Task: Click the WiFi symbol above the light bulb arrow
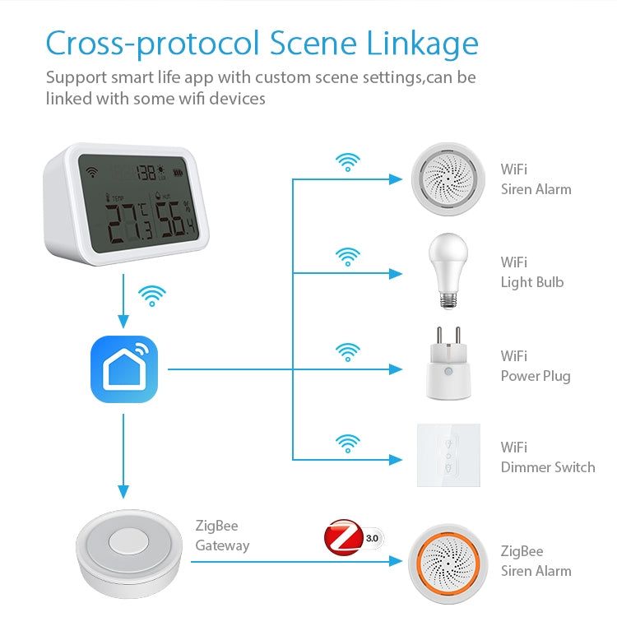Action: [348, 257]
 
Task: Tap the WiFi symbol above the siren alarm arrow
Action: [348, 162]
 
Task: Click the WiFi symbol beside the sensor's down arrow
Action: [152, 295]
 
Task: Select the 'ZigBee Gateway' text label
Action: [222, 536]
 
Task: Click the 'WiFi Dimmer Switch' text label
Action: [547, 457]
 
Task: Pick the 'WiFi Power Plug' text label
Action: [535, 366]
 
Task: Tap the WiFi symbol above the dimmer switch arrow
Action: [348, 443]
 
